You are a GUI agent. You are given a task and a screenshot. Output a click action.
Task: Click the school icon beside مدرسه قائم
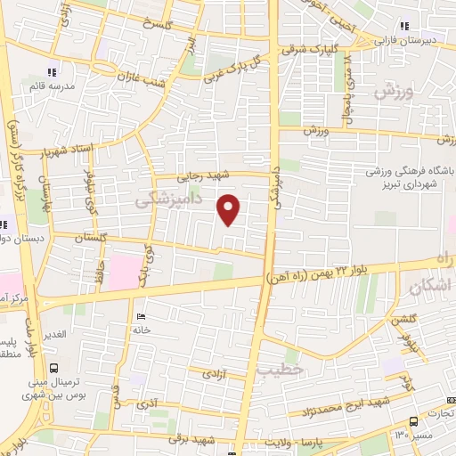(52, 71)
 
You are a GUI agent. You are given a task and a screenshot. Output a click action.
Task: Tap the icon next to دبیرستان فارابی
(406, 25)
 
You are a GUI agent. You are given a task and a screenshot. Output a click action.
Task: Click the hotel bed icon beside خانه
(139, 317)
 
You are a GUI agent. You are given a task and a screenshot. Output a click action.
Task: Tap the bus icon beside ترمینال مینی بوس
(55, 367)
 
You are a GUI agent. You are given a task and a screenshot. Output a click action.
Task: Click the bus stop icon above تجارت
(413, 421)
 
